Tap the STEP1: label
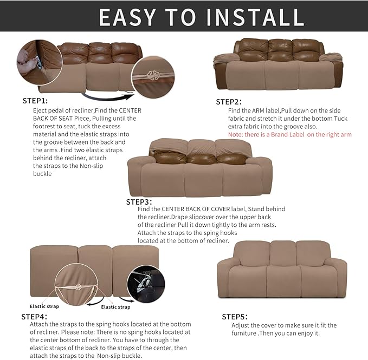35,101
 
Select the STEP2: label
229,102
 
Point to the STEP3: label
139,201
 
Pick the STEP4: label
34,316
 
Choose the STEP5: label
235,317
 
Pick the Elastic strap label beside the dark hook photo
116,307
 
